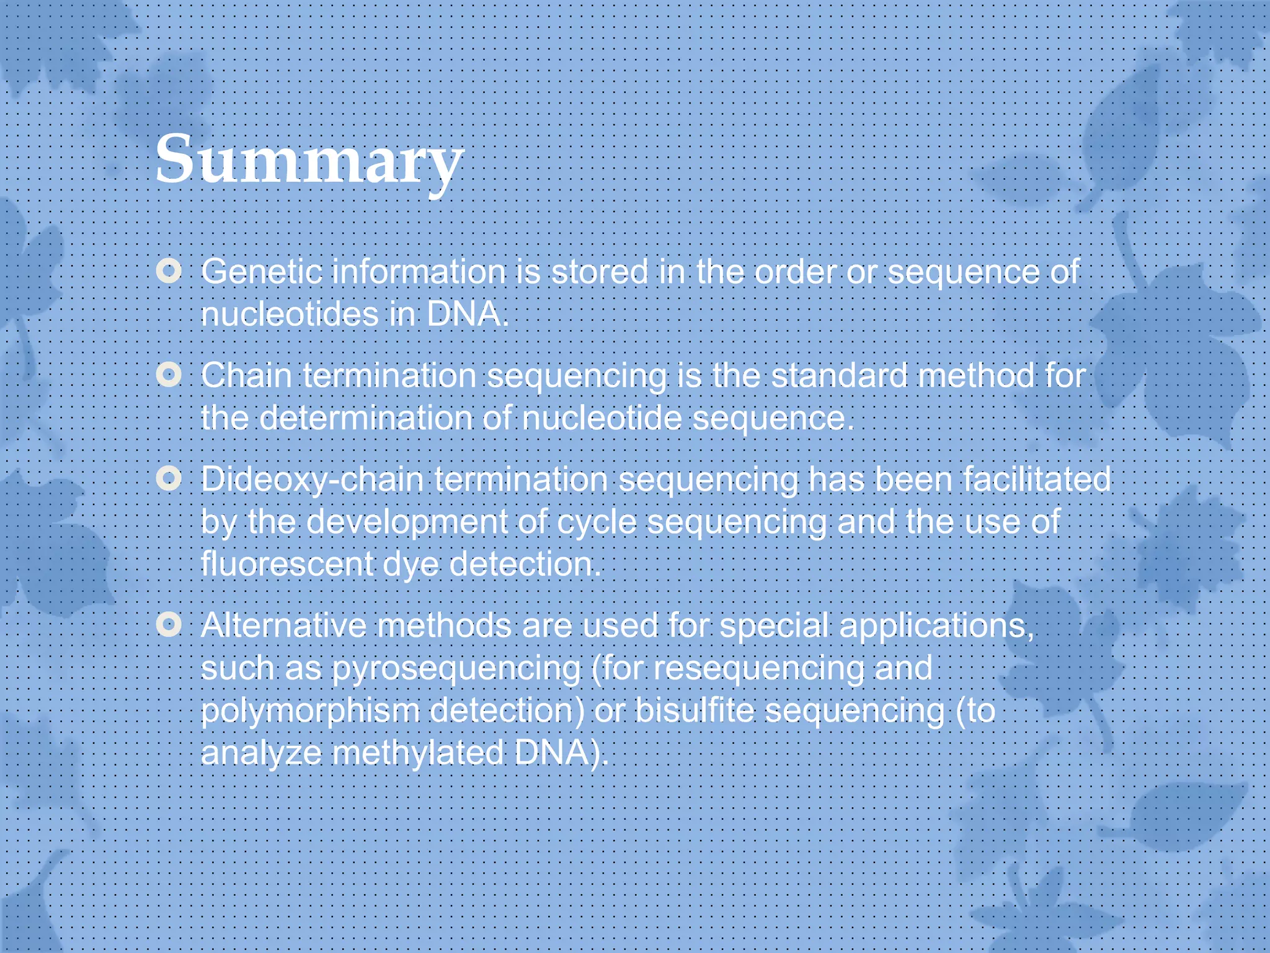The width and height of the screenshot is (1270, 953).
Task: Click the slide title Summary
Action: pos(309,160)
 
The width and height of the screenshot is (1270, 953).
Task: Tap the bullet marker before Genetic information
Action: pos(169,271)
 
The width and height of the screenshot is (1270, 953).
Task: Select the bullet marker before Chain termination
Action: pos(169,375)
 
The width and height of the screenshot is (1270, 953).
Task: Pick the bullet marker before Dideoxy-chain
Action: pos(169,478)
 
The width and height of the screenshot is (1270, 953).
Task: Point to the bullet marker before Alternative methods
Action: pos(169,624)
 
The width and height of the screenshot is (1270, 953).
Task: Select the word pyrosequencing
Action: pos(456,669)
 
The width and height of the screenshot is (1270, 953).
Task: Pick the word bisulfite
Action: pos(695,710)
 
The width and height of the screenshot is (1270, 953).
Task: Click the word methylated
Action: pos(418,753)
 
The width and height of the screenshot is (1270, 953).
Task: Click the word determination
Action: pos(365,418)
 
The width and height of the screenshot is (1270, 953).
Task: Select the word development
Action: pos(407,522)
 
